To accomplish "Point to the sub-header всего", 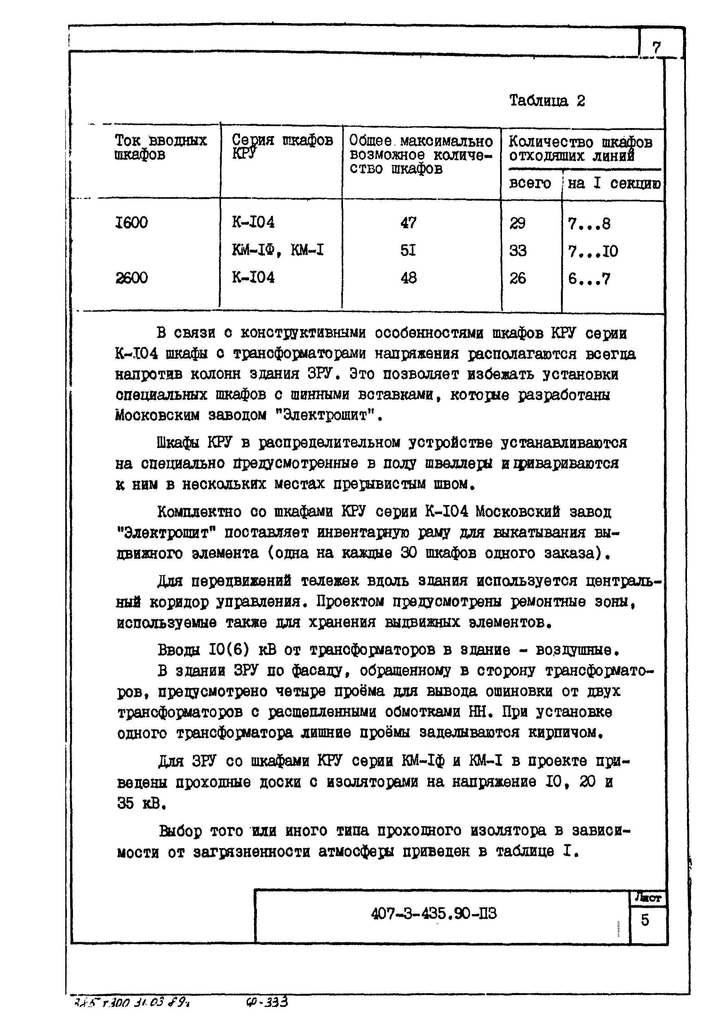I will coord(530,183).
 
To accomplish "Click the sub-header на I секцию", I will coord(613,183).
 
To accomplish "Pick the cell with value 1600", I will coord(131,222).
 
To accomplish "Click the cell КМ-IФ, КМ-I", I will coord(277,250).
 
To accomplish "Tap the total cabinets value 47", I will coord(408,222).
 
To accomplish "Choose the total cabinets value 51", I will coord(408,250).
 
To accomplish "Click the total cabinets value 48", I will coord(408,278).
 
